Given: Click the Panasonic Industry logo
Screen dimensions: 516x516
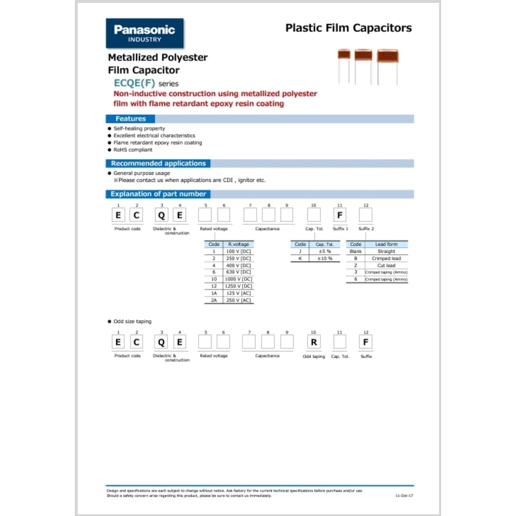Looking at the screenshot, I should [144, 33].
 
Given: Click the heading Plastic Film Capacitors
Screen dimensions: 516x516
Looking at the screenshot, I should [348, 28].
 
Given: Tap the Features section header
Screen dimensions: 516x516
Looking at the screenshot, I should [130, 118].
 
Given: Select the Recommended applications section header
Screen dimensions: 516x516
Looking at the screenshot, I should [158, 163].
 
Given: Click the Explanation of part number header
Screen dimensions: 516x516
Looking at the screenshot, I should [158, 194].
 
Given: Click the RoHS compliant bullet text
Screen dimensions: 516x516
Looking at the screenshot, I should [133, 150].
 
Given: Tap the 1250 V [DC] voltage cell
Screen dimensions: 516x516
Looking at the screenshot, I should [238, 286].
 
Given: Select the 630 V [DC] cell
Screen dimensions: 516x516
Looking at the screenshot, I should [238, 272].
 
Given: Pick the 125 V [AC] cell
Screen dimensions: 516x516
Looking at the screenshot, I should [238, 293].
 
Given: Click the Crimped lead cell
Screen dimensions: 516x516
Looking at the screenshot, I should [386, 259].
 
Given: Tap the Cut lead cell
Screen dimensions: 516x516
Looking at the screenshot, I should [386, 266].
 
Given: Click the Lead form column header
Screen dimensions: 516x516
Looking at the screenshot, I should [386, 244].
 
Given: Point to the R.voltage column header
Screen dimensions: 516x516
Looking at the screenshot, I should [238, 244].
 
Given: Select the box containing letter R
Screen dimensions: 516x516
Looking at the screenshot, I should [314, 342].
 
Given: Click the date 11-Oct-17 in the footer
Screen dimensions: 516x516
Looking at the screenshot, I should [404, 496].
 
